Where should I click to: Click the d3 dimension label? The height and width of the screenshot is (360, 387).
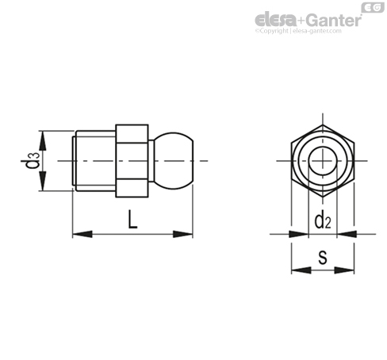[30, 160]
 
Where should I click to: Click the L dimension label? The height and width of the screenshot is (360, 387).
[132, 219]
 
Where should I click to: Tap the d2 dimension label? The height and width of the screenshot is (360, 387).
[323, 221]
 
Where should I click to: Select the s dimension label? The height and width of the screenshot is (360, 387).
[323, 258]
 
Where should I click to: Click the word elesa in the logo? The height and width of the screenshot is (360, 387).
[275, 20]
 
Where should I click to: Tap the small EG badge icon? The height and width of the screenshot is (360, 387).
[373, 8]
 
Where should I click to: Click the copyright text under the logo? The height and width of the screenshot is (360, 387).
[298, 31]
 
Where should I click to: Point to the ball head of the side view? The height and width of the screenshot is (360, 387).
[174, 160]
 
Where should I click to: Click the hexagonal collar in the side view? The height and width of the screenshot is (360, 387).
[132, 161]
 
